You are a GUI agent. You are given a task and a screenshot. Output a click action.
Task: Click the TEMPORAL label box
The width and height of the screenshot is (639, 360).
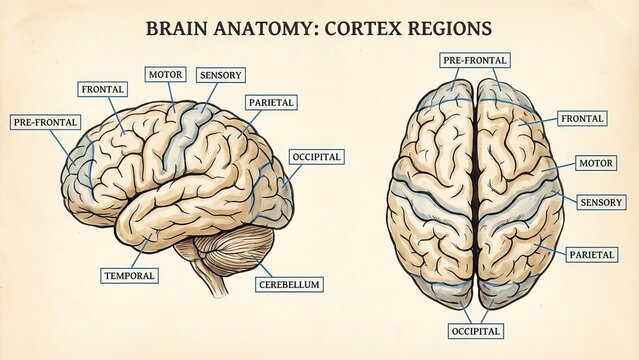click(129, 275)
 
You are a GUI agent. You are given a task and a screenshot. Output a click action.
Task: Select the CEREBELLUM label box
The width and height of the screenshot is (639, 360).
click(289, 285)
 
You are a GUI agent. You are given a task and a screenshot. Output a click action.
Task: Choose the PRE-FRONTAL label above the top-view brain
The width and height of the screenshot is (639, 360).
click(475, 60)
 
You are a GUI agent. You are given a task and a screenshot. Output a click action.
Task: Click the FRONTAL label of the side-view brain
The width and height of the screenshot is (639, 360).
click(102, 89)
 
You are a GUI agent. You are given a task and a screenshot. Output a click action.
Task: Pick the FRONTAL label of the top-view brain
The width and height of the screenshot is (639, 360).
click(583, 119)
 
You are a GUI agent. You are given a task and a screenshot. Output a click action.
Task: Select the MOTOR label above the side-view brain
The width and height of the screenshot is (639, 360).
click(165, 74)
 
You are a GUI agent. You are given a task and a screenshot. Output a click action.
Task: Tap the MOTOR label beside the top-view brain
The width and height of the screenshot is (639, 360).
click(597, 163)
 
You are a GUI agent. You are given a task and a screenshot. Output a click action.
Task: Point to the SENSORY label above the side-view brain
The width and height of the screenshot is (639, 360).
click(221, 75)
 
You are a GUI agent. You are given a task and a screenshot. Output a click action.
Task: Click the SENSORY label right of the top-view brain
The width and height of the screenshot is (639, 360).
click(603, 202)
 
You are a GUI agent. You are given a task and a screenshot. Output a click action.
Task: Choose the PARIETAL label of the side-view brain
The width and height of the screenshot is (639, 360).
click(270, 102)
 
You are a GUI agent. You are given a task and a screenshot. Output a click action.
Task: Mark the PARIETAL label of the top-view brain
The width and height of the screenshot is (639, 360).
click(592, 255)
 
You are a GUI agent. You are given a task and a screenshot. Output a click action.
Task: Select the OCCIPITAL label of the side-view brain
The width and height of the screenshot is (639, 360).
click(317, 157)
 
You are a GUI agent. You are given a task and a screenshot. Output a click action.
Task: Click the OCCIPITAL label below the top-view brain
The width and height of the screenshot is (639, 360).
click(475, 330)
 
